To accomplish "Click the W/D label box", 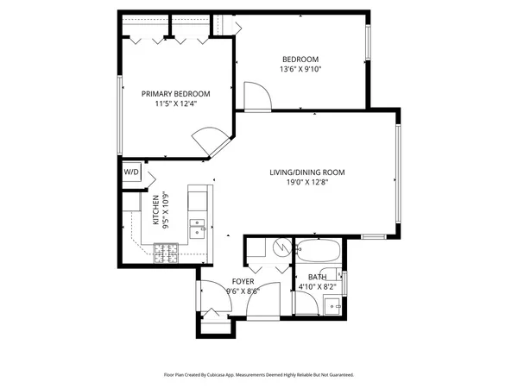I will pos(131,172).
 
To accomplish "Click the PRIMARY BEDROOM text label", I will pos(176,94).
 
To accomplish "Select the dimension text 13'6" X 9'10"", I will pos(300,69).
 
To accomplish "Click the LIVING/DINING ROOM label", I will pos(306,172).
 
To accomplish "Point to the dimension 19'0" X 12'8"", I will pos(306,183).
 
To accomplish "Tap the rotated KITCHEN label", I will pos(156,210).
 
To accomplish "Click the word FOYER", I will pos(242,282).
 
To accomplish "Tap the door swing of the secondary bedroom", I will pos(257,97).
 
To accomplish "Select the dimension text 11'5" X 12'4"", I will pos(176,104).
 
